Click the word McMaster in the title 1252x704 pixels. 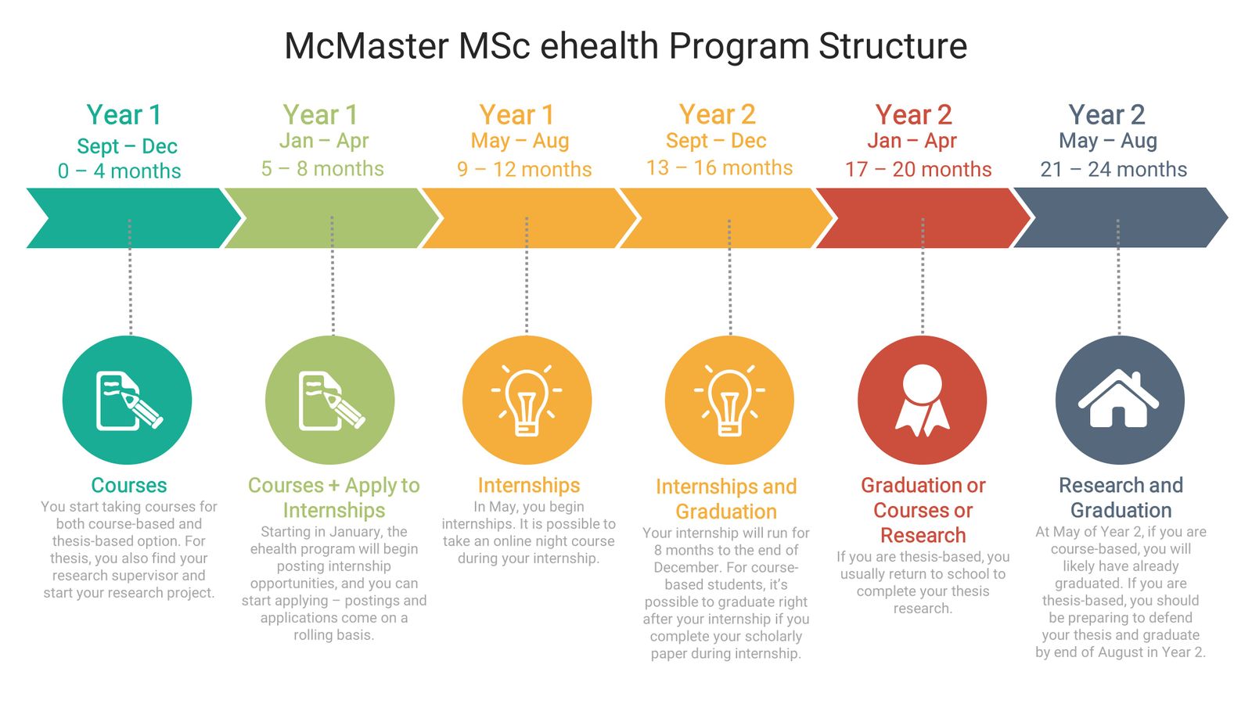tap(365, 46)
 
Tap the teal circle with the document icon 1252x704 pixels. tap(128, 400)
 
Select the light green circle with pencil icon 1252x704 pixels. tap(330, 400)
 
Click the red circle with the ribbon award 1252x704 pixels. tap(922, 400)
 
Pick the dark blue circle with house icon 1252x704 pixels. tap(1119, 400)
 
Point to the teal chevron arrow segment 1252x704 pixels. tap(133, 218)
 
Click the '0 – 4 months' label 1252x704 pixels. tap(120, 171)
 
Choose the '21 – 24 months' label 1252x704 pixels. tap(1113, 169)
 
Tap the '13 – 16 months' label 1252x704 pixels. tap(719, 167)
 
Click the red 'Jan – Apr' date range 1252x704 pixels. tap(912, 141)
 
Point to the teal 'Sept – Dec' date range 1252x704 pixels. tap(127, 146)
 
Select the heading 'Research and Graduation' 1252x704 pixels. tap(1121, 497)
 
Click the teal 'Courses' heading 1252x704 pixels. tap(129, 485)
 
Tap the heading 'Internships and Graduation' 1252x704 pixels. tap(726, 499)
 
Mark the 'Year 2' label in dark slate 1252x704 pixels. tap(1106, 115)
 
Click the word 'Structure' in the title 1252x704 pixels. tap(893, 46)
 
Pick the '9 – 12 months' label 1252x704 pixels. tap(524, 169)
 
